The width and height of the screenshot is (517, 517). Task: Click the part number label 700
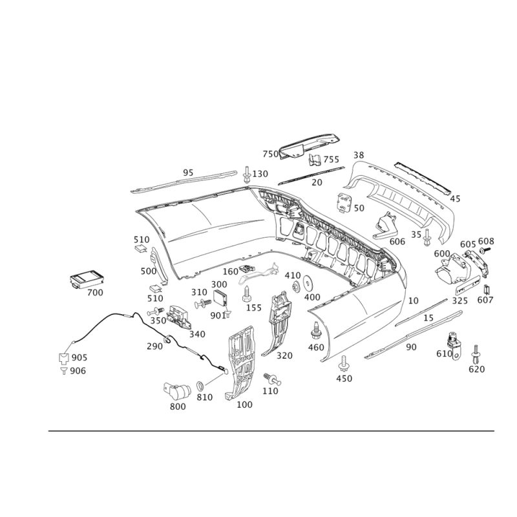95,293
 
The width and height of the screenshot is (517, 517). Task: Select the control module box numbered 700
87,279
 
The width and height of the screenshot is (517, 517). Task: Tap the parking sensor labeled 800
177,391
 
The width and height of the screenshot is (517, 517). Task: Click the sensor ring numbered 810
200,385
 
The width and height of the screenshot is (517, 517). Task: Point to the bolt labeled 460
315,331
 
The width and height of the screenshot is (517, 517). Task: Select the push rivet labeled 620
476,354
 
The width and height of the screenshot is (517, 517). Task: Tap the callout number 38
359,155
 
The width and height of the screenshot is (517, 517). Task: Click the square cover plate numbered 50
344,203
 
